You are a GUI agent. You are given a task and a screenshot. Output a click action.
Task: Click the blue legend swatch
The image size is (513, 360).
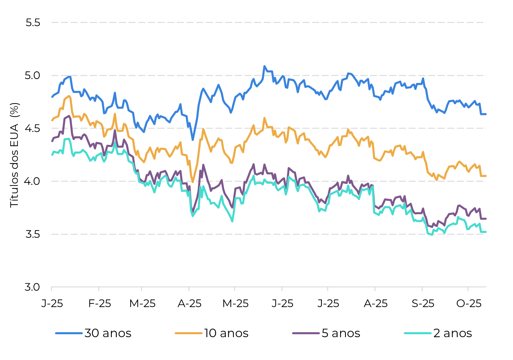tap(69, 333)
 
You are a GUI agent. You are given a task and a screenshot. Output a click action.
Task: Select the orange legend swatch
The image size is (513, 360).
tap(188, 333)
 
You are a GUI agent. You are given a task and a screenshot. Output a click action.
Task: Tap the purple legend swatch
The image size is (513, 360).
tap(306, 333)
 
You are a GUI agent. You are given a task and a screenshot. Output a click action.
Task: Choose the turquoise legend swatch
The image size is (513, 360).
tap(418, 333)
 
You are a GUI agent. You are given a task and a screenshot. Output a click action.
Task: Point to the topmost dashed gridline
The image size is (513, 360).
tap(269, 22)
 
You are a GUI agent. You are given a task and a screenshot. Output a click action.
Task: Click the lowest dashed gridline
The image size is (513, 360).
tap(269, 234)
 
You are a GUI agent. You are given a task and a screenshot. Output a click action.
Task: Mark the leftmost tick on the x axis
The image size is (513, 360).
tap(52, 289)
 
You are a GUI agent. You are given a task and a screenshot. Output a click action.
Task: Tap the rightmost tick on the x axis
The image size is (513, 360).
tap(468, 289)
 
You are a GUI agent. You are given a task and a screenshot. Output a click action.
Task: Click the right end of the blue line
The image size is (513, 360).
tap(486, 114)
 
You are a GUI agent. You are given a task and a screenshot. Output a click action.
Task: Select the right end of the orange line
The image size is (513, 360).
tap(486, 176)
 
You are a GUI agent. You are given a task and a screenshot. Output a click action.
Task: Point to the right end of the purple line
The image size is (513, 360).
tap(486, 219)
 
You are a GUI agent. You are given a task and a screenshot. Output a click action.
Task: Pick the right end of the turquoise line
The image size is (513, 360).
tap(486, 232)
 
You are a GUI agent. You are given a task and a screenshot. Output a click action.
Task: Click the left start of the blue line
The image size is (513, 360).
tap(52, 97)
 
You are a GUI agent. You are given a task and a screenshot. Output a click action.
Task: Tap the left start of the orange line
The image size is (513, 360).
tap(52, 120)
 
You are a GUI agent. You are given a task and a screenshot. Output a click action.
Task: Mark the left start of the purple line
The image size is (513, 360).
tap(52, 141)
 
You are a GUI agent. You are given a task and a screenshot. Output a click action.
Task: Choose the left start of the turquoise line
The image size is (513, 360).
tap(52, 155)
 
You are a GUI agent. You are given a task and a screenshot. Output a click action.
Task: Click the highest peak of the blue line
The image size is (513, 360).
tap(264, 66)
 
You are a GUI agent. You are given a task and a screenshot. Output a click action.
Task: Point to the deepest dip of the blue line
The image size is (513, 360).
tap(193, 140)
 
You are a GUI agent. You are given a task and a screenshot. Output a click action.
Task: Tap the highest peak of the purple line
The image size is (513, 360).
tap(69, 116)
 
